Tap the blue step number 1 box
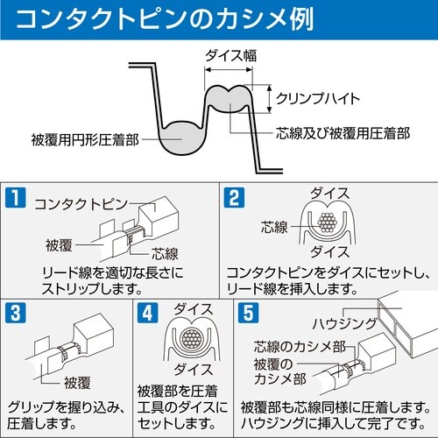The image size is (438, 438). pyautogui.click(x=15, y=197)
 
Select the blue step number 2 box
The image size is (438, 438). pyautogui.click(x=232, y=197)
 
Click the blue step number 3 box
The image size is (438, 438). pyautogui.click(x=15, y=312)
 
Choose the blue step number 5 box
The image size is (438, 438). pyautogui.click(x=248, y=312)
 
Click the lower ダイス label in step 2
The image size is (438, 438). pyautogui.click(x=328, y=249)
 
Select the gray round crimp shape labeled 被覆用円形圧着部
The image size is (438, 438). pyautogui.click(x=182, y=138)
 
